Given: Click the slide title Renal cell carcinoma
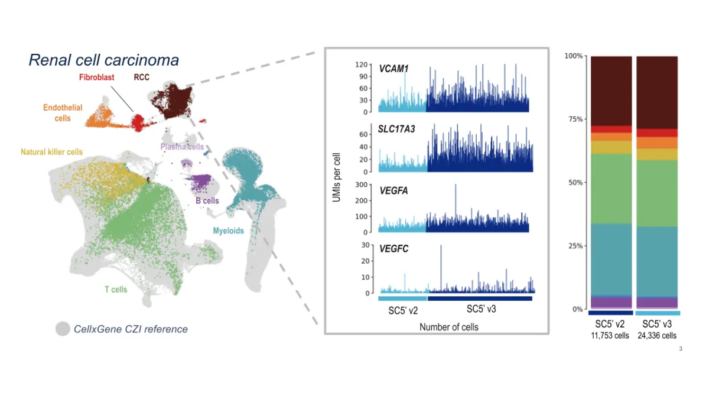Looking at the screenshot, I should (104, 60).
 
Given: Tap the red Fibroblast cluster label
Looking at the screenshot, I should (97, 77).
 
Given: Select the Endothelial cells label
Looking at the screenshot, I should (63, 113).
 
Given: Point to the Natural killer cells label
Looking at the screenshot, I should (52, 152).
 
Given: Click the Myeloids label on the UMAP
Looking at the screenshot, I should (228, 231).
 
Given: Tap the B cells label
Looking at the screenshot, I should (207, 201).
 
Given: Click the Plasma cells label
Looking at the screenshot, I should (182, 147).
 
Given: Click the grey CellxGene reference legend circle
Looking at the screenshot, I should (63, 329).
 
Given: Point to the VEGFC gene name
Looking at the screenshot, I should (393, 249).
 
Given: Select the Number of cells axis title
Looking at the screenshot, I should (449, 327).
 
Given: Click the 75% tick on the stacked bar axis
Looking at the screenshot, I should (574, 119).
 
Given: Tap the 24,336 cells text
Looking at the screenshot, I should (658, 336).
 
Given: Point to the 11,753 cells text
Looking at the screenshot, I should (611, 336).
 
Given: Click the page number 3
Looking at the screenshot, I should (681, 349).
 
